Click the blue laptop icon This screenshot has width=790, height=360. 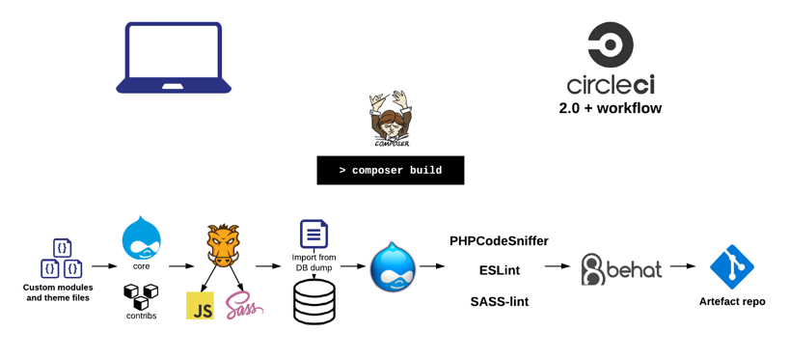pyautogui.click(x=174, y=58)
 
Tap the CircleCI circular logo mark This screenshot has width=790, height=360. pyautogui.click(x=611, y=44)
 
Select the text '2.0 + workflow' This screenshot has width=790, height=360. pyautogui.click(x=611, y=108)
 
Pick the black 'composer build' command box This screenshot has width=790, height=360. pyautogui.click(x=391, y=171)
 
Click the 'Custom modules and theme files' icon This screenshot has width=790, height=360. pyautogui.click(x=62, y=258)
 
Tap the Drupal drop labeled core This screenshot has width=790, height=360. pyautogui.click(x=141, y=237)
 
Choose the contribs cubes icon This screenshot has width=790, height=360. pyautogui.click(x=141, y=296)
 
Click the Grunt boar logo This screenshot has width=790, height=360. pyautogui.click(x=223, y=244)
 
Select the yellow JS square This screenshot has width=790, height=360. pyautogui.click(x=200, y=305)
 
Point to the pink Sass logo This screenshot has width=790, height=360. pyautogui.click(x=245, y=306)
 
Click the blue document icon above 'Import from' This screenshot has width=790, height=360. pyautogui.click(x=313, y=234)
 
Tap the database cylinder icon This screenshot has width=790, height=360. pyautogui.click(x=313, y=302)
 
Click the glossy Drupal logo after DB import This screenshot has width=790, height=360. pyautogui.click(x=394, y=265)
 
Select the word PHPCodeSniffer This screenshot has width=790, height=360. pyautogui.click(x=500, y=241)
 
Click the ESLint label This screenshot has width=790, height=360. pyautogui.click(x=500, y=271)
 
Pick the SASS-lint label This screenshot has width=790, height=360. pyautogui.click(x=500, y=301)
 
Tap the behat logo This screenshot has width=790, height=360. pyautogui.click(x=621, y=268)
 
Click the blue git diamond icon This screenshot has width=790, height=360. pyautogui.click(x=731, y=266)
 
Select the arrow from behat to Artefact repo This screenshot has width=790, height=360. pyautogui.click(x=683, y=266)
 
